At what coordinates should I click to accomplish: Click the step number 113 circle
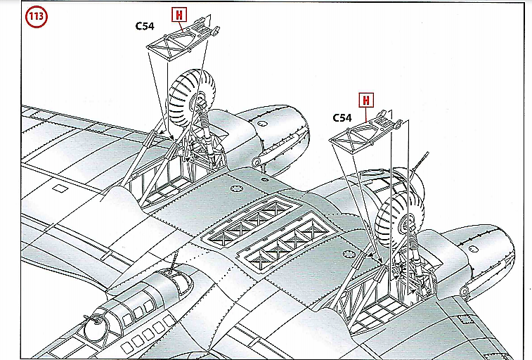pos(37,16)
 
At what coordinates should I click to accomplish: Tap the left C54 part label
pos(145,26)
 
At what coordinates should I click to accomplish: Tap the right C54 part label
pos(342,117)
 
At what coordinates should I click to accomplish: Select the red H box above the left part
pos(179,15)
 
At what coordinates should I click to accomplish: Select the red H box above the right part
pos(366,100)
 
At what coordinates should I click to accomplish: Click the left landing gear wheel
pos(192,98)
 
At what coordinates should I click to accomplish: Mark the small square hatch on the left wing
pos(60,188)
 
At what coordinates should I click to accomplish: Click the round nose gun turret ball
pos(96,328)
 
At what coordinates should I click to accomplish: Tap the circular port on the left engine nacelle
pos(261,124)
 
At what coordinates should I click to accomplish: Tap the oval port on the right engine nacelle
pos(473,250)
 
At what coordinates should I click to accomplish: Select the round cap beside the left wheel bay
pos(235,188)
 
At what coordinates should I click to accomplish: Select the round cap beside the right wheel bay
pos(349,254)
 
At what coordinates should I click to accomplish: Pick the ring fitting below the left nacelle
pos(256,162)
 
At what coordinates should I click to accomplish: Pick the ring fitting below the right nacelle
pos(464,291)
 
